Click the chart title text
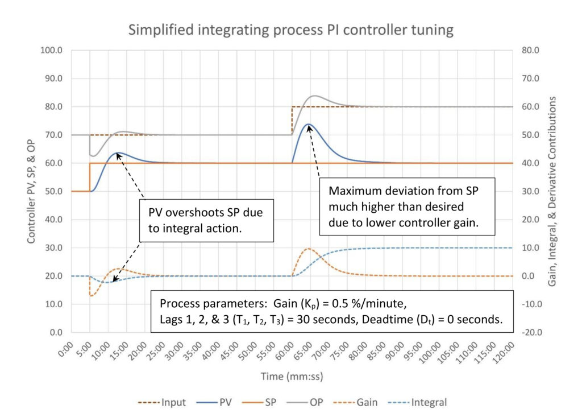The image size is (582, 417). pos(290,30)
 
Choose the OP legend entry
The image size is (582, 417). pos(322,402)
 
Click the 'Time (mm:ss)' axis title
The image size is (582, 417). pos(290,377)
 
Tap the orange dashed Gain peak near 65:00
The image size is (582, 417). pos(309,249)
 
